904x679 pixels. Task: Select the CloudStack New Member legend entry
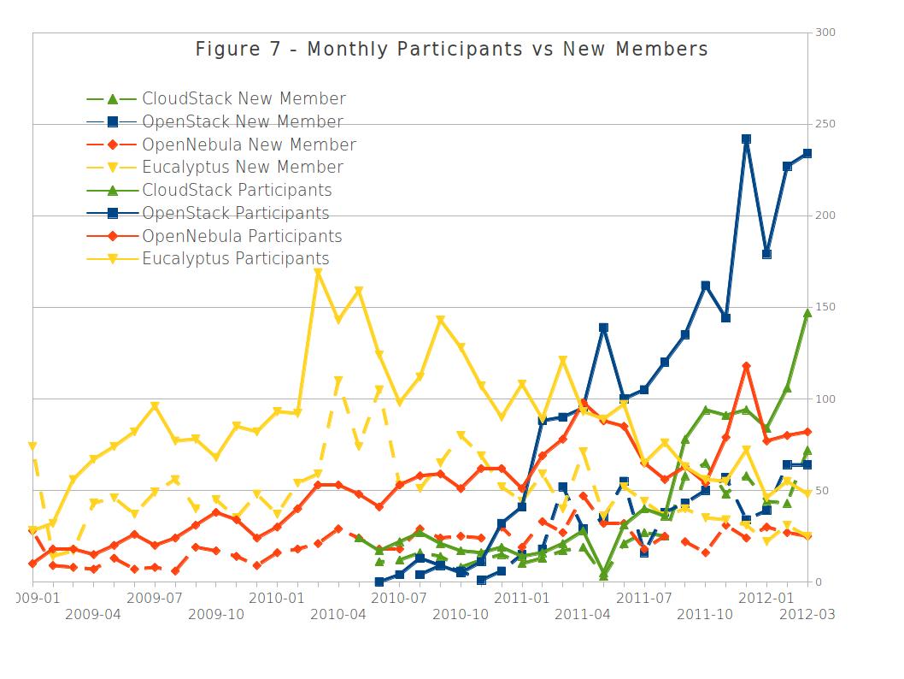coord(244,99)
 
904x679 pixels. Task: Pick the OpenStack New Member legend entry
coord(242,122)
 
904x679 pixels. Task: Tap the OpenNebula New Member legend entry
coord(249,145)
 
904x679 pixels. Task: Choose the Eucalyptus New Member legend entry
coord(243,168)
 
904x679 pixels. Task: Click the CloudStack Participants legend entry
coord(237,190)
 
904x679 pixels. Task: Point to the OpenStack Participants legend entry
coord(235,213)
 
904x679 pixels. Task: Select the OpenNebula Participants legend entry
coord(242,236)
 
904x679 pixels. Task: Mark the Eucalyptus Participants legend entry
coord(235,258)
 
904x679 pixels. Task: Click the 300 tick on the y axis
coord(825,32)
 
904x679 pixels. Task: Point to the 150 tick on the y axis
coord(825,307)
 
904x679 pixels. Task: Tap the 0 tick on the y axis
coord(818,582)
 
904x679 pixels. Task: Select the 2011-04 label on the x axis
coord(582,614)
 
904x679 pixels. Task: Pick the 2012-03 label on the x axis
coord(807,614)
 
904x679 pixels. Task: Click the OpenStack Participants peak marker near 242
coord(746,139)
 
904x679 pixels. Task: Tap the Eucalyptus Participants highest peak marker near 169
coord(318,273)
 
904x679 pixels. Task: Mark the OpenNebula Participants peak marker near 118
coord(746,366)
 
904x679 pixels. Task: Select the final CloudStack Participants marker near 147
coord(807,313)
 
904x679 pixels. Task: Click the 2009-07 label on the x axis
coord(154,597)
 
